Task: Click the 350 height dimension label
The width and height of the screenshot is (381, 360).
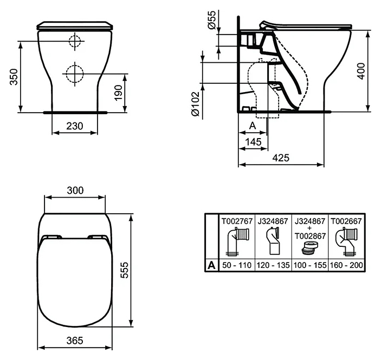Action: coord(14,77)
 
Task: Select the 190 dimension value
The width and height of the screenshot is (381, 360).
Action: coord(118,93)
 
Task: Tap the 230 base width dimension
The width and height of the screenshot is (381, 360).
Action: coord(75,126)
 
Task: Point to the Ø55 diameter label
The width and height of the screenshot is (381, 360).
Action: coord(212,20)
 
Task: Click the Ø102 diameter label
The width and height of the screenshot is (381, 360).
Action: coord(195,104)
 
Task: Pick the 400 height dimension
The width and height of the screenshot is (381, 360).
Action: coord(361,71)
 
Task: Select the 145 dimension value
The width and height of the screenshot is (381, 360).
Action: coord(253,142)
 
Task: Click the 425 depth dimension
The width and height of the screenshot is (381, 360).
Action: coord(281,158)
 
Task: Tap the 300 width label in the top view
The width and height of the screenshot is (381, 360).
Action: coord(75,191)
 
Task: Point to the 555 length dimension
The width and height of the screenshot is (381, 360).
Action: coord(124,270)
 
